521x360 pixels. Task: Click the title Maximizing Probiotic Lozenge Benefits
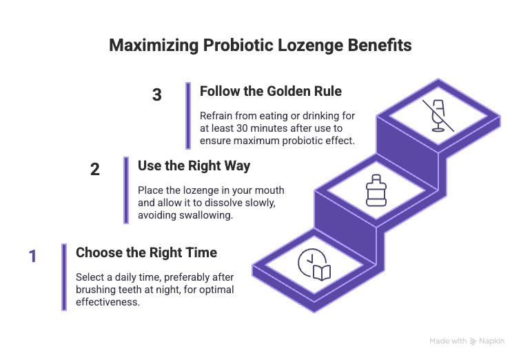[x=260, y=46]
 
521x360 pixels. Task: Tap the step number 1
[x=32, y=257]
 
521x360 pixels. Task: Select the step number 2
[x=95, y=169]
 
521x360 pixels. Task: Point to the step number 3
[x=157, y=95]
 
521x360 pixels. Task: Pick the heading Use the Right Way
[x=194, y=166]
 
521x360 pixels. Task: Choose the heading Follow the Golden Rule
[x=269, y=91]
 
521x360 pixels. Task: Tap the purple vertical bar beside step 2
[x=126, y=190]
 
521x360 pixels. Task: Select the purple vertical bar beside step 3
[x=188, y=116]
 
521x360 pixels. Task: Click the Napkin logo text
[x=493, y=341]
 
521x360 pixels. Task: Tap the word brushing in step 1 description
[x=96, y=290]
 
